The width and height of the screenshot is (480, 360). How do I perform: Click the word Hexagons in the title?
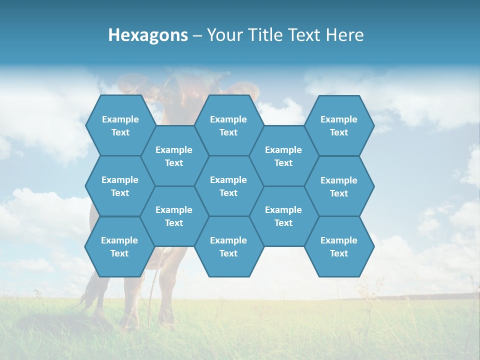[x=148, y=35]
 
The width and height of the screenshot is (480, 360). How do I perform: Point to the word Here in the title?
[x=345, y=35]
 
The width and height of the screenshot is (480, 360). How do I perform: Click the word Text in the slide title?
[x=305, y=35]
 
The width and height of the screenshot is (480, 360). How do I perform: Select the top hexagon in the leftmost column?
[x=120, y=125]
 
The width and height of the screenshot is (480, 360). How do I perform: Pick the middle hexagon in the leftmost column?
[x=120, y=186]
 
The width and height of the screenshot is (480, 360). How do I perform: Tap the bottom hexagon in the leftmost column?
[x=119, y=246]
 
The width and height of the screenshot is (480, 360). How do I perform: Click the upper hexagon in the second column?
[x=174, y=156]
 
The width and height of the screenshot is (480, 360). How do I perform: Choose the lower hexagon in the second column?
[x=174, y=216]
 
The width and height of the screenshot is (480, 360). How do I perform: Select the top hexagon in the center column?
[x=228, y=125]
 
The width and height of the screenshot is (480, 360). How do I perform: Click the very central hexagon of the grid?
[x=228, y=186]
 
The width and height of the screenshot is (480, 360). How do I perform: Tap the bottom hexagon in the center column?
[x=228, y=246]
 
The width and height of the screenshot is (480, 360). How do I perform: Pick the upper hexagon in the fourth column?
[x=283, y=156]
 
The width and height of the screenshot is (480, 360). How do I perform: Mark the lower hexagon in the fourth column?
[x=283, y=216]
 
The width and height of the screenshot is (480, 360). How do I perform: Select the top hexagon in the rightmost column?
[x=339, y=125]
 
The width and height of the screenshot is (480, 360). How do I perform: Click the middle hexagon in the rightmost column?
[x=339, y=186]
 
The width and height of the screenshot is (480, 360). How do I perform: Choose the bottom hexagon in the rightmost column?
[x=339, y=246]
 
